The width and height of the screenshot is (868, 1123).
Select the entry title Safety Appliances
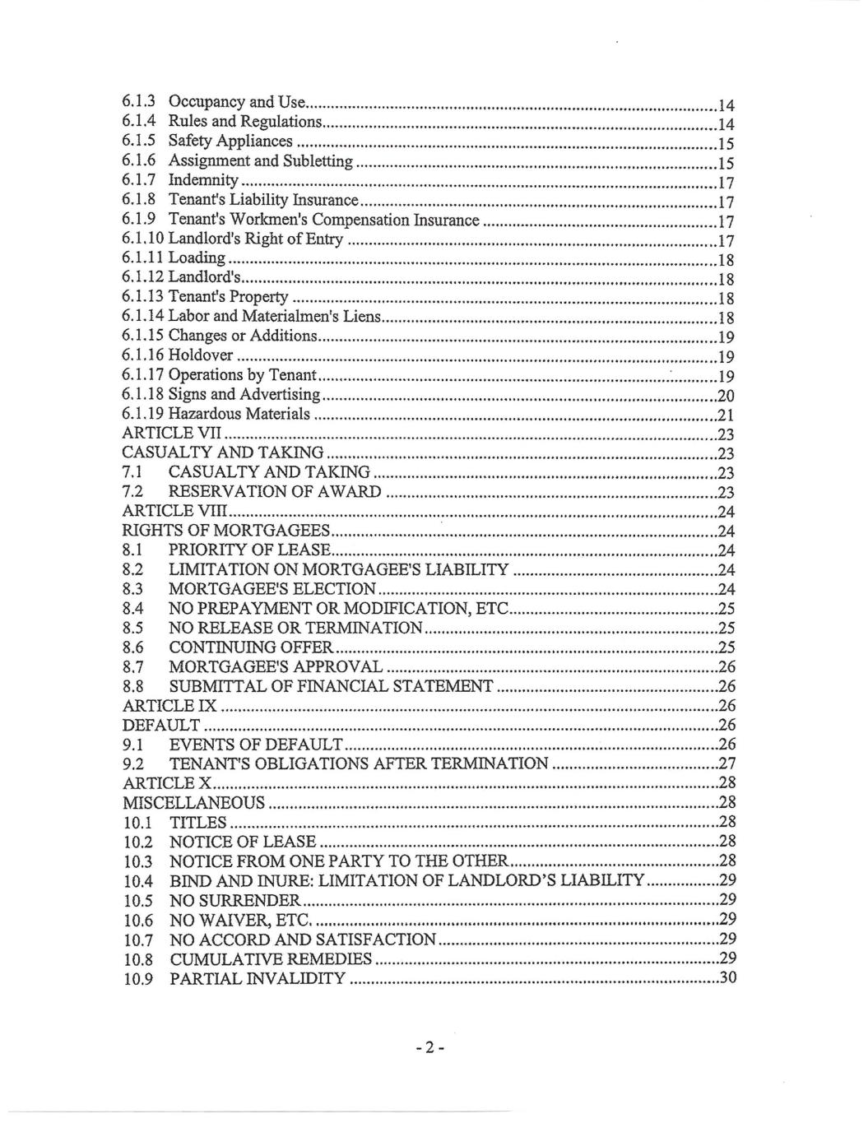pos(230,142)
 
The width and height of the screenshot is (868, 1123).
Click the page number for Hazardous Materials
pos(726,415)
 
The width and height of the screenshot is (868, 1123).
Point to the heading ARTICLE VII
pos(170,434)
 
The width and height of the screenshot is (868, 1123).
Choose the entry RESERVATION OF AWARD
pos(275,492)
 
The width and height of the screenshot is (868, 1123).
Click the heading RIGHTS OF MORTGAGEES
pos(226,531)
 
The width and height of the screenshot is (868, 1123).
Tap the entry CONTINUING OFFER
pos(251,647)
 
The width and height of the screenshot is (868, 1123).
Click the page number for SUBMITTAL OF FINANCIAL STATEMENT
pos(726,686)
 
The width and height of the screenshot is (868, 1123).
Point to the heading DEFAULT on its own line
pos(161,726)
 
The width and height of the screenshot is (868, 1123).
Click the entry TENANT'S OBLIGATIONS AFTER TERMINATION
pos(358,764)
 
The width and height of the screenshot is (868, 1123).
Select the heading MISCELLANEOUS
pos(194,803)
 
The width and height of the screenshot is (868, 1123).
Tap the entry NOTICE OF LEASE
pos(242,842)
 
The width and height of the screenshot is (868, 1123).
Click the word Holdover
pos(201,356)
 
